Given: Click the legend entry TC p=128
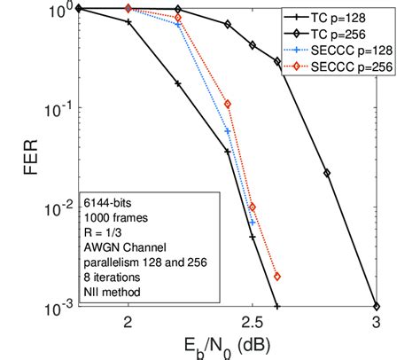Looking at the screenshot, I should (x=358, y=17).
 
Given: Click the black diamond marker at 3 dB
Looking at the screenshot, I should (x=377, y=304).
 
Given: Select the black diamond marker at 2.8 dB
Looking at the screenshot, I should (x=327, y=173).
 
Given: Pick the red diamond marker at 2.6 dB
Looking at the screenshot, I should (x=277, y=276).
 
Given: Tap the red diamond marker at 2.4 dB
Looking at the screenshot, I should (x=228, y=104).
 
